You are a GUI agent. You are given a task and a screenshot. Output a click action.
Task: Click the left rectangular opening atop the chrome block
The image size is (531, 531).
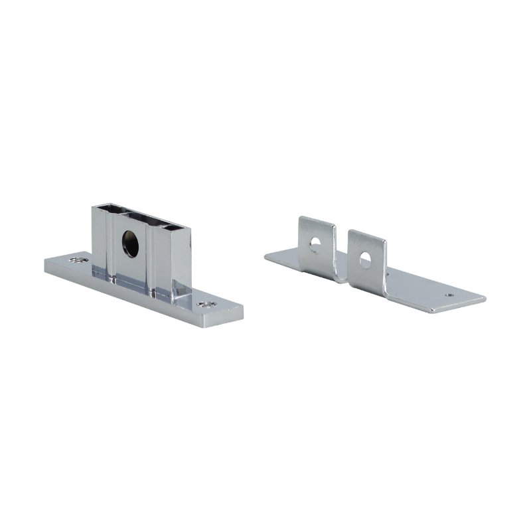[x=106, y=209]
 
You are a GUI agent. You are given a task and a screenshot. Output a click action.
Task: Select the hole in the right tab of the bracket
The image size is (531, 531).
[x=366, y=259]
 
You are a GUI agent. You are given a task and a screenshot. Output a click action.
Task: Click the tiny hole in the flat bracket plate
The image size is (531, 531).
[x=450, y=294]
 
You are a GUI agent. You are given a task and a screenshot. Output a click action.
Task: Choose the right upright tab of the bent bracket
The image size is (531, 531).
[x=366, y=256]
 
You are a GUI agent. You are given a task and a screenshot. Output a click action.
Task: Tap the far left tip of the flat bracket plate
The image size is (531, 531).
[x=265, y=258]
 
